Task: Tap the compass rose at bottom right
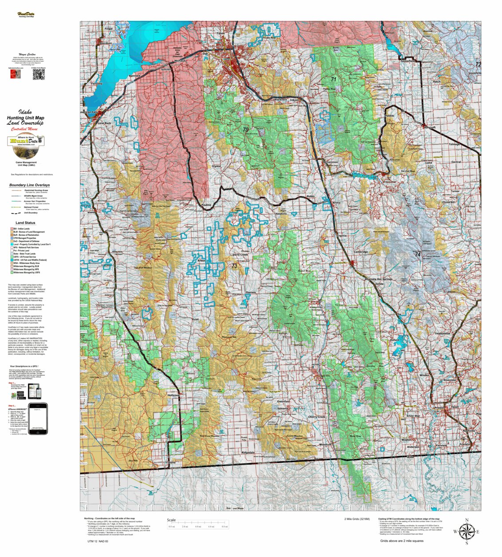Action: coord(466,531)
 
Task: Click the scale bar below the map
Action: coord(198,526)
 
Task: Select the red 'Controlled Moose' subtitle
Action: coord(25,129)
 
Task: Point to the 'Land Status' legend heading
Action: coord(25,223)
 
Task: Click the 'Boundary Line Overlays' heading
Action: coord(29,185)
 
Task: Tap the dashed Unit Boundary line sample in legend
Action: coord(16,213)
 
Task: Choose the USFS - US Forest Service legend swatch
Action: coord(12,257)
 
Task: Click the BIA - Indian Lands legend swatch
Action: coord(12,229)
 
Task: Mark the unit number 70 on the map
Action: coord(246,130)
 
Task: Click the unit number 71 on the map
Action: coord(333,79)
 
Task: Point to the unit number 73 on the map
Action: coord(234,266)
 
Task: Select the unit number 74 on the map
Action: coord(417,255)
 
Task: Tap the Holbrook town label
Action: coord(173,395)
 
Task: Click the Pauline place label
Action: coord(206,205)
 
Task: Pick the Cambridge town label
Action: coord(361,252)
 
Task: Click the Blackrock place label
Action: coord(280,100)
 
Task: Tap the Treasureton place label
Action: coord(442,333)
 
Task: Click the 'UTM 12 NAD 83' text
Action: coord(98,542)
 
